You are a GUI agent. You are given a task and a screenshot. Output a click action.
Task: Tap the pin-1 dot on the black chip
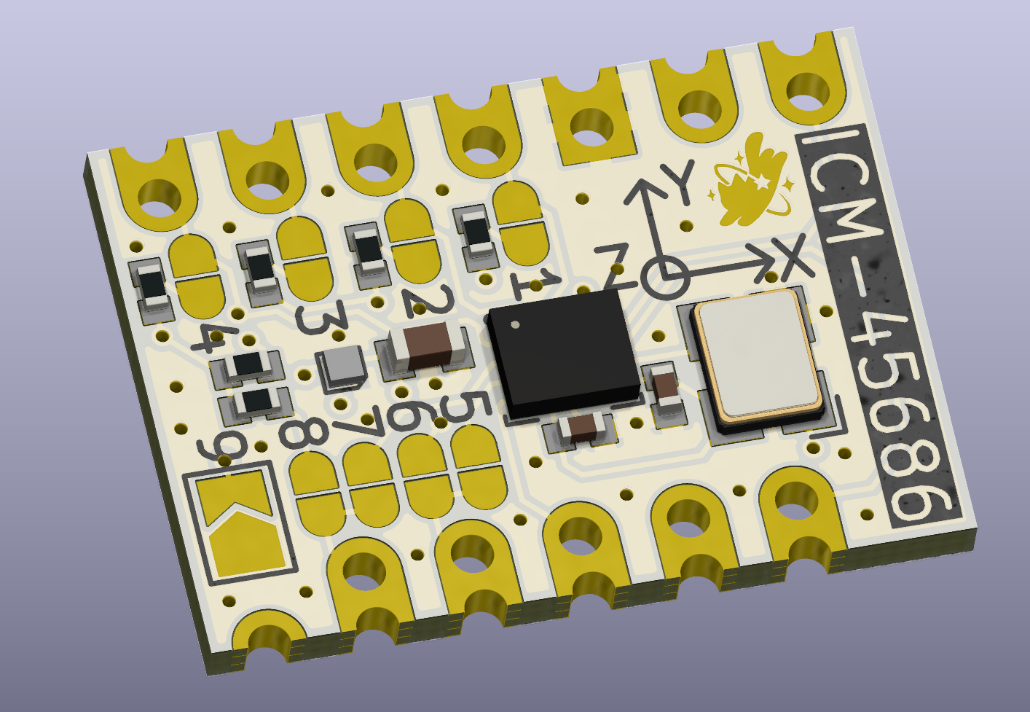515,324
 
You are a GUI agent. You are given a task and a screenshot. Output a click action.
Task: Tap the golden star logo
750,182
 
